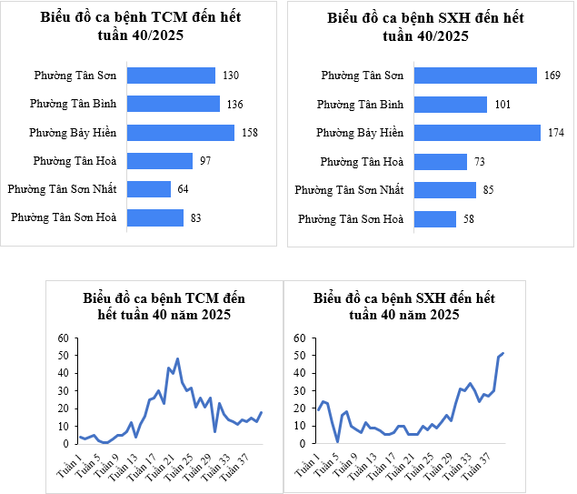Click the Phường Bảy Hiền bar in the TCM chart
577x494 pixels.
click(181, 133)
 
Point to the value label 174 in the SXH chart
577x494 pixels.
click(555, 133)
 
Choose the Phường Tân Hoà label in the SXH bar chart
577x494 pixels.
click(362, 162)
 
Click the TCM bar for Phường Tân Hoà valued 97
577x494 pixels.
click(159, 161)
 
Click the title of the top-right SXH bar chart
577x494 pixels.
click(424, 26)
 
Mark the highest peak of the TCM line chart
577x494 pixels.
click(177, 359)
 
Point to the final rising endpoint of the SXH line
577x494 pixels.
click(502, 353)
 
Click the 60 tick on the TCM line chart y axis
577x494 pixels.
click(64, 338)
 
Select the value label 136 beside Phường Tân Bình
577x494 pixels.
click(234, 105)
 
